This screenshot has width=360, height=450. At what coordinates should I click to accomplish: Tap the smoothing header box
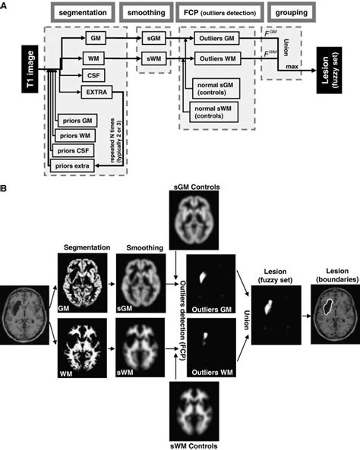click(x=155, y=15)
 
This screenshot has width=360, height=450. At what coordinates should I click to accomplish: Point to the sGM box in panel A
click(x=153, y=37)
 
